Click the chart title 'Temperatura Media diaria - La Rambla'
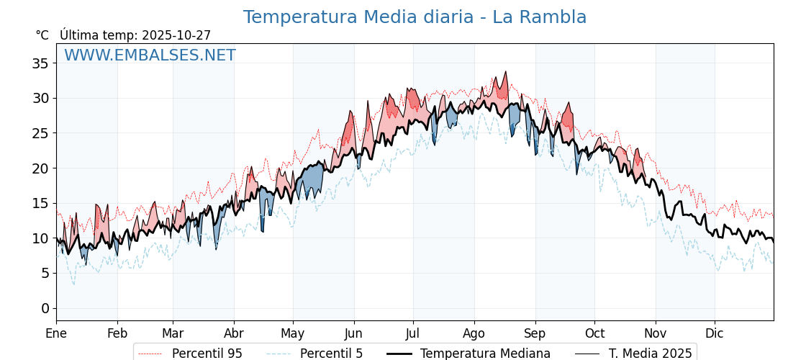(x=415, y=17)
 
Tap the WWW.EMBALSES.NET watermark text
(x=150, y=55)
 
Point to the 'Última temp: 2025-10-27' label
(x=135, y=35)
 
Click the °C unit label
(x=42, y=35)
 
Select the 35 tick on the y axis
(x=40, y=63)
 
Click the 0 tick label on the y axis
(x=45, y=308)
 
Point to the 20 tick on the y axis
(x=40, y=168)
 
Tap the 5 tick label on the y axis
(x=45, y=273)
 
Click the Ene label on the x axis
(x=56, y=333)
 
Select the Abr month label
(x=234, y=333)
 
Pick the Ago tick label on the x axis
(x=474, y=333)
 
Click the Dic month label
(x=715, y=333)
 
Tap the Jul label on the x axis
(x=413, y=333)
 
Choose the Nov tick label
(x=656, y=333)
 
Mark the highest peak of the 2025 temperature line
(x=506, y=72)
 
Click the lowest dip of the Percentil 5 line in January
(x=73, y=284)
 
